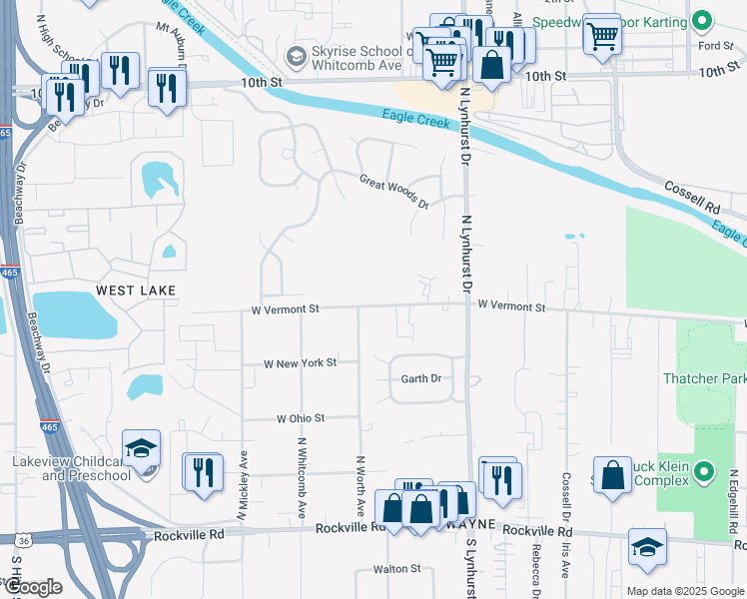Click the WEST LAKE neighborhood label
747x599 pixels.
click(x=136, y=290)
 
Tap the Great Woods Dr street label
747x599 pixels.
click(x=394, y=190)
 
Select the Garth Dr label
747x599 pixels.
click(x=420, y=378)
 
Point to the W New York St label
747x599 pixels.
click(x=301, y=363)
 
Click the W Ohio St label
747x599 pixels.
click(x=301, y=417)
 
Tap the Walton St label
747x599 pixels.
click(x=396, y=568)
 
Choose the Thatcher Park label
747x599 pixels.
click(x=704, y=378)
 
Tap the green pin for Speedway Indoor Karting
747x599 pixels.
click(x=703, y=20)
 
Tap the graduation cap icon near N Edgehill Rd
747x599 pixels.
click(x=647, y=547)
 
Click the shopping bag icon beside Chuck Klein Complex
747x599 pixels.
click(x=612, y=476)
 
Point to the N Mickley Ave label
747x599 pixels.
click(x=243, y=484)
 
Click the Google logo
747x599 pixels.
click(x=34, y=587)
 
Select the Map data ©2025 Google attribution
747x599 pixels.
click(x=685, y=590)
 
